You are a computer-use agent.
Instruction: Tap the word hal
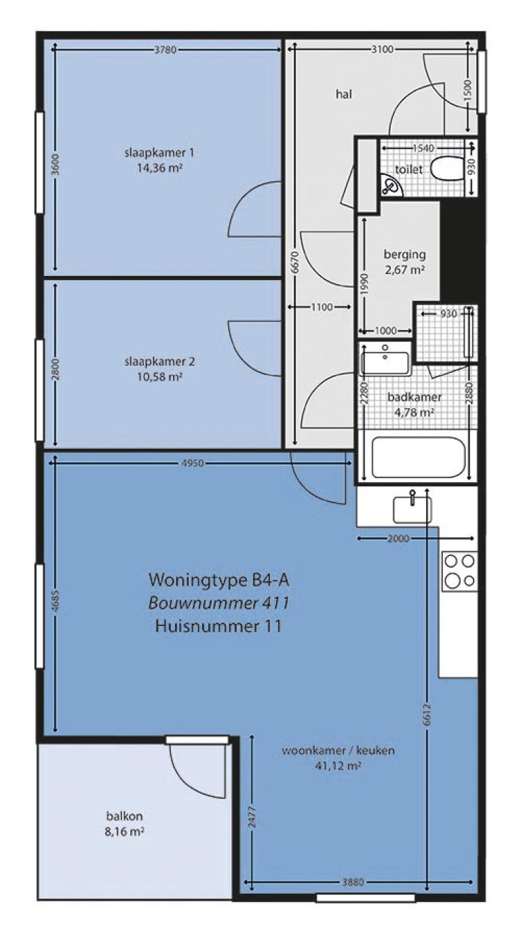coord(343,94)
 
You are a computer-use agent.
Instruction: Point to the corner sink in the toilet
coord(391,185)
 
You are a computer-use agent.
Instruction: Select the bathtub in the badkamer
coord(419,457)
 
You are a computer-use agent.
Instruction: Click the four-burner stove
coord(459,571)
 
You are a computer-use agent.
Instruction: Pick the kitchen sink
coord(412,509)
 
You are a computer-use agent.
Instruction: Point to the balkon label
coord(124,816)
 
